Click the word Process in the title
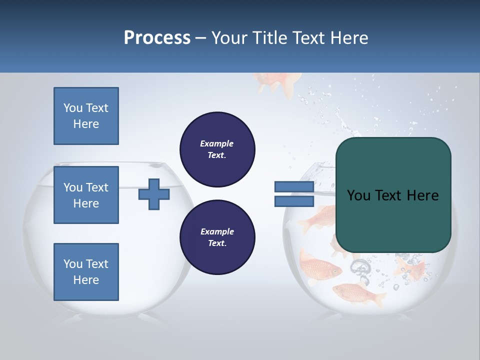157,37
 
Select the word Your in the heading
229,37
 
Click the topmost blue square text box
86,116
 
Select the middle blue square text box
86,195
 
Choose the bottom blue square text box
86,272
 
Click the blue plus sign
153,194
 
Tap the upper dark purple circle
217,149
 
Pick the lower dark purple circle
217,237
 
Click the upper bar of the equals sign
294,187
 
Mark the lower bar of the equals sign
294,201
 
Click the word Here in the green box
422,195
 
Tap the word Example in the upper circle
217,143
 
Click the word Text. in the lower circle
217,243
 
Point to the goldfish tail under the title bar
278,82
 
